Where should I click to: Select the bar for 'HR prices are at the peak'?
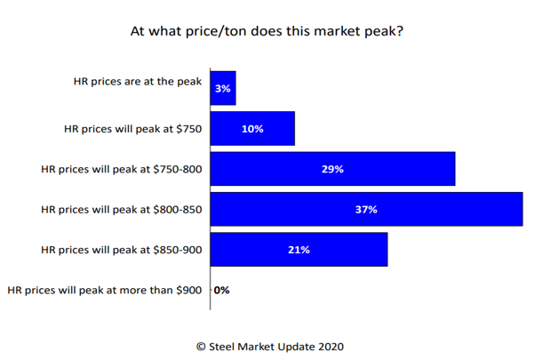(x=223, y=87)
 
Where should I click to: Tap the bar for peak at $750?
(x=252, y=128)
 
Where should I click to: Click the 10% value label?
(x=252, y=128)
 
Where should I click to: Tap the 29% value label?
(x=332, y=169)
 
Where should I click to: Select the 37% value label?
(x=366, y=210)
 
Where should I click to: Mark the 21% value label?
(x=299, y=250)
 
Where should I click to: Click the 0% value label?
(x=221, y=290)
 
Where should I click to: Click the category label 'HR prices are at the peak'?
(x=138, y=81)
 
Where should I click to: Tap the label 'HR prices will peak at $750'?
(x=133, y=129)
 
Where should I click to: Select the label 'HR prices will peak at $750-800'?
(x=123, y=169)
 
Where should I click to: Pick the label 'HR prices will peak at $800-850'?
(x=123, y=210)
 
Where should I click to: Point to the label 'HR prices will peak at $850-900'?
(x=123, y=250)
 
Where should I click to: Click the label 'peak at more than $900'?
(x=106, y=290)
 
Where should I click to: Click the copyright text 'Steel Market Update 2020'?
(x=270, y=346)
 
